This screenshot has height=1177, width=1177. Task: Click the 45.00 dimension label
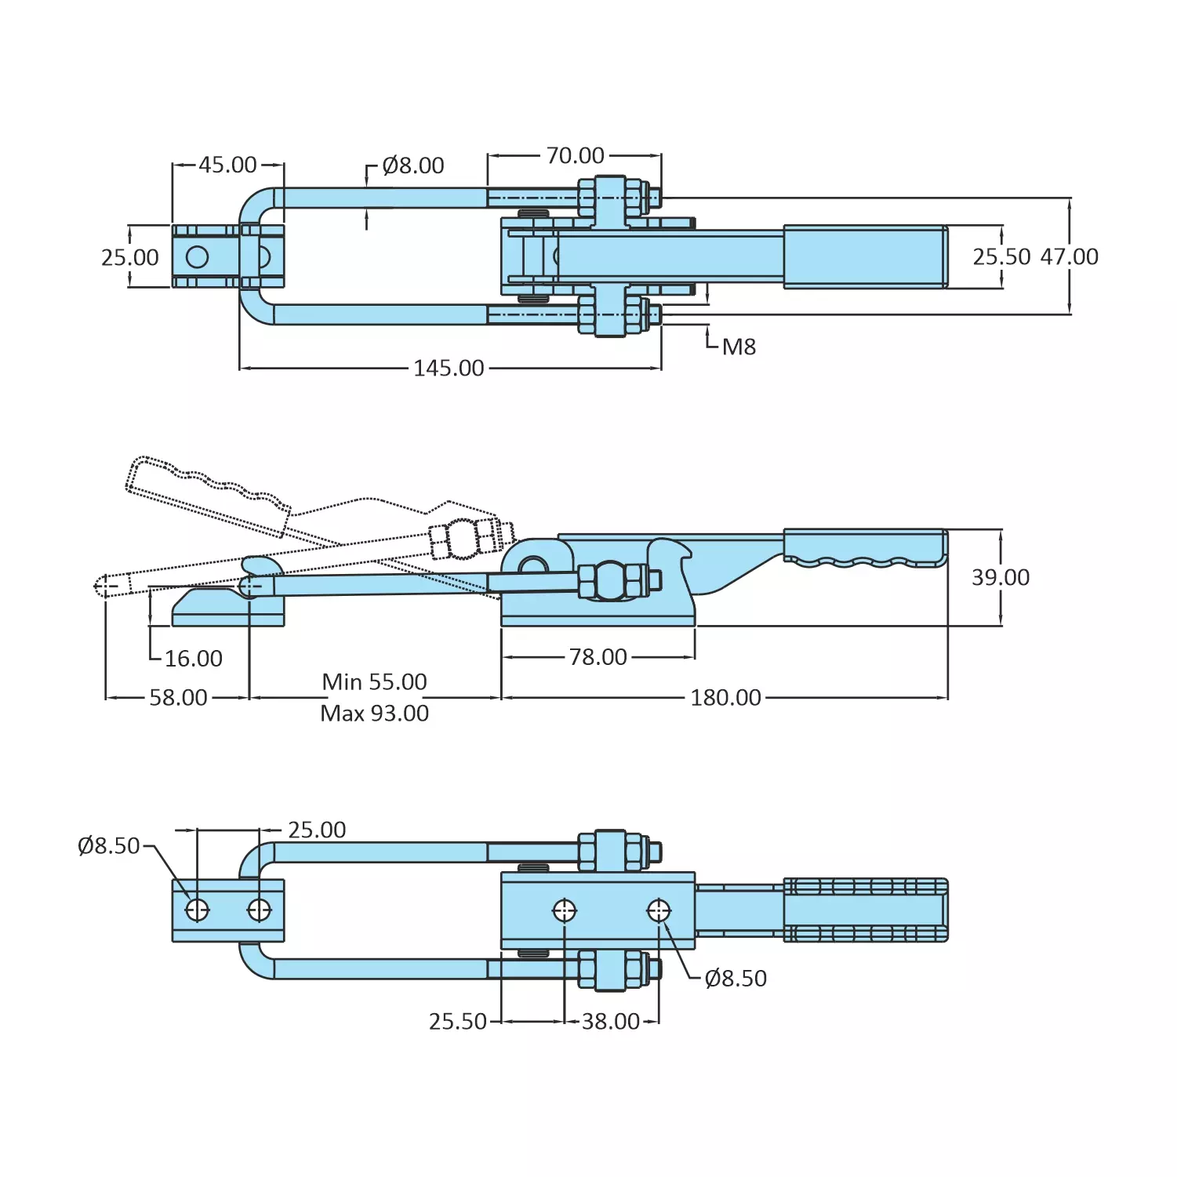[227, 165]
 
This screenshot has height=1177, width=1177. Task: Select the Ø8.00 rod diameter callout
[412, 165]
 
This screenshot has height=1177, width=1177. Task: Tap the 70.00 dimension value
[575, 155]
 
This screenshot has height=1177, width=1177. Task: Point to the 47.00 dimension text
[1069, 256]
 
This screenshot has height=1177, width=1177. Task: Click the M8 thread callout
[739, 347]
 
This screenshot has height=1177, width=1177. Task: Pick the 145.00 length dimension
[449, 368]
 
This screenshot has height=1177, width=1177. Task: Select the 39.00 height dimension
[1000, 577]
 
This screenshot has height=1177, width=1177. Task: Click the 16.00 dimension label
[193, 658]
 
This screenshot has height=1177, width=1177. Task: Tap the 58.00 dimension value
[178, 697]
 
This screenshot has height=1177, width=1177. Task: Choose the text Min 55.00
[374, 681]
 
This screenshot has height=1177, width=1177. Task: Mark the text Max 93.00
[374, 713]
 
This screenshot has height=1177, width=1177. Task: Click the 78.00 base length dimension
[598, 656]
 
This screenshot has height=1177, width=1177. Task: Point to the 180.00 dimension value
[725, 697]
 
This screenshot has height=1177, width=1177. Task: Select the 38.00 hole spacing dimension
[610, 1021]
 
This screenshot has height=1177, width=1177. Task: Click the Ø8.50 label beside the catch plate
[108, 845]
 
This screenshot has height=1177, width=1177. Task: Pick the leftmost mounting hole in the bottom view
[197, 910]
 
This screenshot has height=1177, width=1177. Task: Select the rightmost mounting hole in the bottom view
[659, 910]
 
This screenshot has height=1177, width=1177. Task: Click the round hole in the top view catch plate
[197, 256]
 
